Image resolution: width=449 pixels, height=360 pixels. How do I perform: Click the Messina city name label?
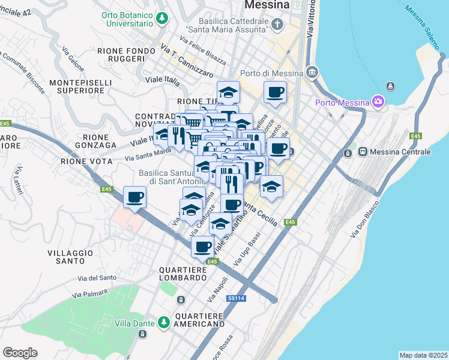click(267, 5)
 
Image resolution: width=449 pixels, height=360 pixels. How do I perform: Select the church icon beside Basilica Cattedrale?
click(277, 24)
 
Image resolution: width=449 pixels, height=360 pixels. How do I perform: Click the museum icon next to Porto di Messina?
click(312, 73)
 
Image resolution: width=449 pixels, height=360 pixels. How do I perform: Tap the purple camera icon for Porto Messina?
click(377, 103)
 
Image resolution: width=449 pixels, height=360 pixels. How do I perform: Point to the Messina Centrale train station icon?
click(363, 152)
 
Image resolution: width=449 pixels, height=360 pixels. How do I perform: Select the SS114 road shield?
click(235, 298)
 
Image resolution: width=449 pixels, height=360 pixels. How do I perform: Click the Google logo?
click(20, 353)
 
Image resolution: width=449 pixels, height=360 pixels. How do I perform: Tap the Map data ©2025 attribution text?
click(423, 355)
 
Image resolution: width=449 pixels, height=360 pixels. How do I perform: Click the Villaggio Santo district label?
click(72, 257)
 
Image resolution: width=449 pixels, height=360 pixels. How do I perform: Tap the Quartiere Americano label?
click(196, 319)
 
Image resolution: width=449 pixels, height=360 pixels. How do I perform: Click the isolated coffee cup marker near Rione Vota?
click(134, 197)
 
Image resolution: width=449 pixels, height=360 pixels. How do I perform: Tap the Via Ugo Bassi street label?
click(250, 251)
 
